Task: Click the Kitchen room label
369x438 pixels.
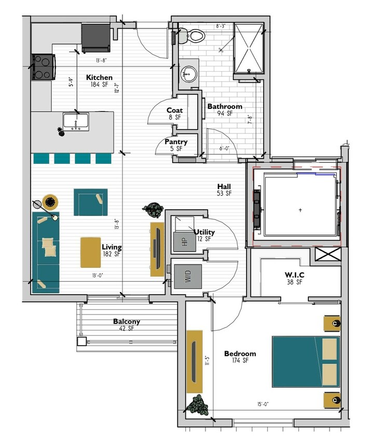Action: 99,77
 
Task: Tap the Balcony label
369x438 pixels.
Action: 127,322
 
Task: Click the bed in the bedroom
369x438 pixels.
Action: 306,362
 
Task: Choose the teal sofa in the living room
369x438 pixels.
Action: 45,251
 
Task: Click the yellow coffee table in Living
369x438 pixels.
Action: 90,252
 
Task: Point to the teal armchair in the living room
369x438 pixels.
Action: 90,202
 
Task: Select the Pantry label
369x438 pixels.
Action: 176,142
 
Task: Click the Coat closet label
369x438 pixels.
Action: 174,111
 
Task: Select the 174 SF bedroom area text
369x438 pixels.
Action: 240,361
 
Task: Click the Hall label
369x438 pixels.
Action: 224,187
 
